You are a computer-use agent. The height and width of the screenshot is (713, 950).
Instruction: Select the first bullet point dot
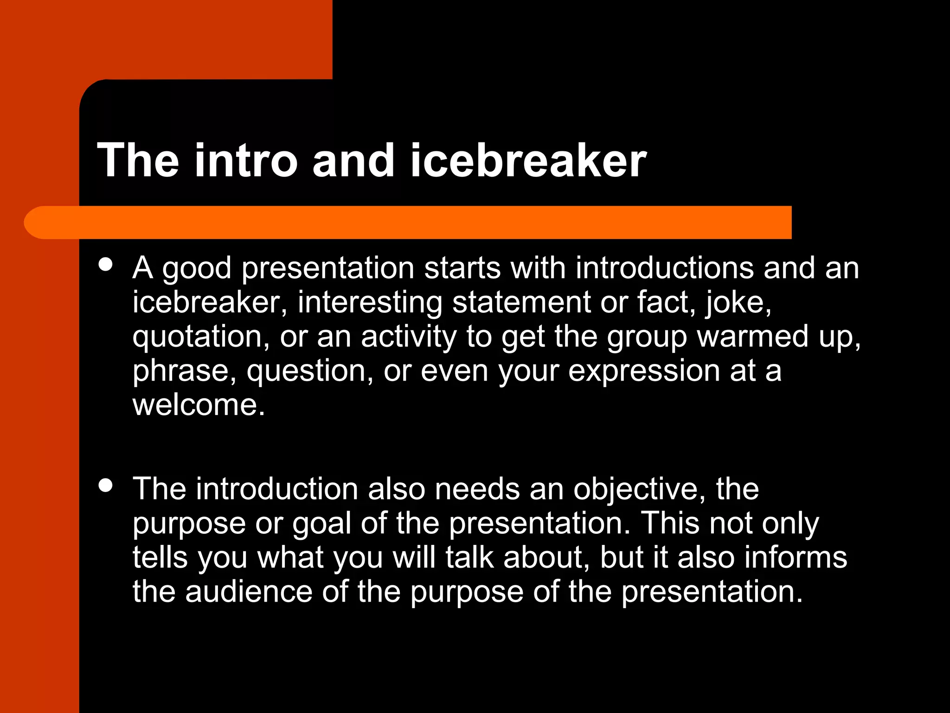106,265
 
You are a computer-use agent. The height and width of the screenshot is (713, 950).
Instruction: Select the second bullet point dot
106,486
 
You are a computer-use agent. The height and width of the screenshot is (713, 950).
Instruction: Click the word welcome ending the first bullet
198,405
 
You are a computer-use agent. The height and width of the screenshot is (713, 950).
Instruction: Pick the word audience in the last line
249,592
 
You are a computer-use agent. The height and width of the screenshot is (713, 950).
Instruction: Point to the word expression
644,371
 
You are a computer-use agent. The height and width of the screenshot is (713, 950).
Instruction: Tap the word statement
521,303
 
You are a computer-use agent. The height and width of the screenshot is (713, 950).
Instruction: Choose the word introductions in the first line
665,268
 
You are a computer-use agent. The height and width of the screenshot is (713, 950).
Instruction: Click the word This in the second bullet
670,524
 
